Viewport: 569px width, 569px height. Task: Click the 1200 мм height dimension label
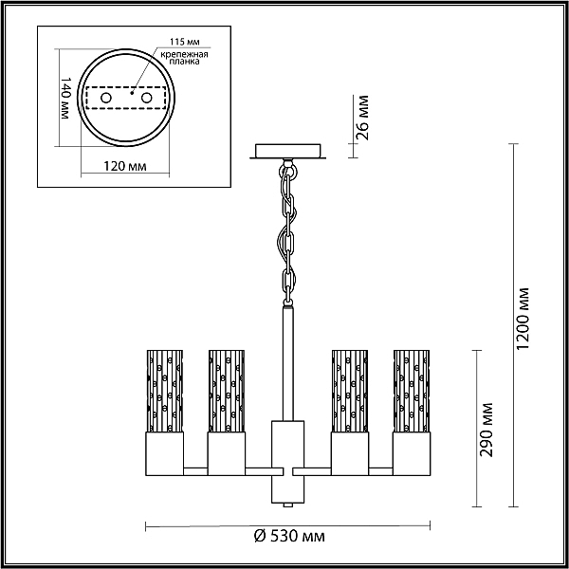(x=523, y=319)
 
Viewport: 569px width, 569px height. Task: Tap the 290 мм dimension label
(x=486, y=430)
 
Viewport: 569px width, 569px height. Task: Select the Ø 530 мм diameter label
(x=289, y=536)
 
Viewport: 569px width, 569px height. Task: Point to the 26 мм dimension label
(x=362, y=118)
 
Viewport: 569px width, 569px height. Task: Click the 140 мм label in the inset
(x=65, y=98)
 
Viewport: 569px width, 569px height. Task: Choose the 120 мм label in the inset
(x=125, y=167)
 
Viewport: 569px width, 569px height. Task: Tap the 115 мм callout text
(x=185, y=42)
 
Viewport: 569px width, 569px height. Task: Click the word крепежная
(x=184, y=54)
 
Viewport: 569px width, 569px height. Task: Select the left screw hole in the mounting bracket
(x=106, y=98)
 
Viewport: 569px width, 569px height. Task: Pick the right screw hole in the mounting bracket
(x=147, y=98)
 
